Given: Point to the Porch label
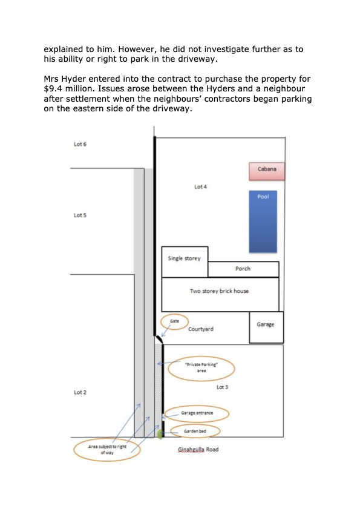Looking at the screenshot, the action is pyautogui.click(x=243, y=269).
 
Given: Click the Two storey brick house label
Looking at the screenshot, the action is pyautogui.click(x=219, y=291).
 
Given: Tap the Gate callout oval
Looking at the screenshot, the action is pyautogui.click(x=174, y=321).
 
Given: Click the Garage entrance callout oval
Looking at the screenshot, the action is pyautogui.click(x=197, y=414).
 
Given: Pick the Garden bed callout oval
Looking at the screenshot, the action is pyautogui.click(x=195, y=431).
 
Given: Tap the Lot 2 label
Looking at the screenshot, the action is pyautogui.click(x=80, y=393).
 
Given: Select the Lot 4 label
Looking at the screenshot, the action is pyautogui.click(x=201, y=187).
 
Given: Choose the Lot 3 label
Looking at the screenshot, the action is pyautogui.click(x=222, y=387).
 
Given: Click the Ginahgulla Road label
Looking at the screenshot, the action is pyautogui.click(x=198, y=450).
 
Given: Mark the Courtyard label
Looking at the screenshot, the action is pyautogui.click(x=201, y=329).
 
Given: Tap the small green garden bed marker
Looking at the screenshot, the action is pyautogui.click(x=160, y=434).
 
